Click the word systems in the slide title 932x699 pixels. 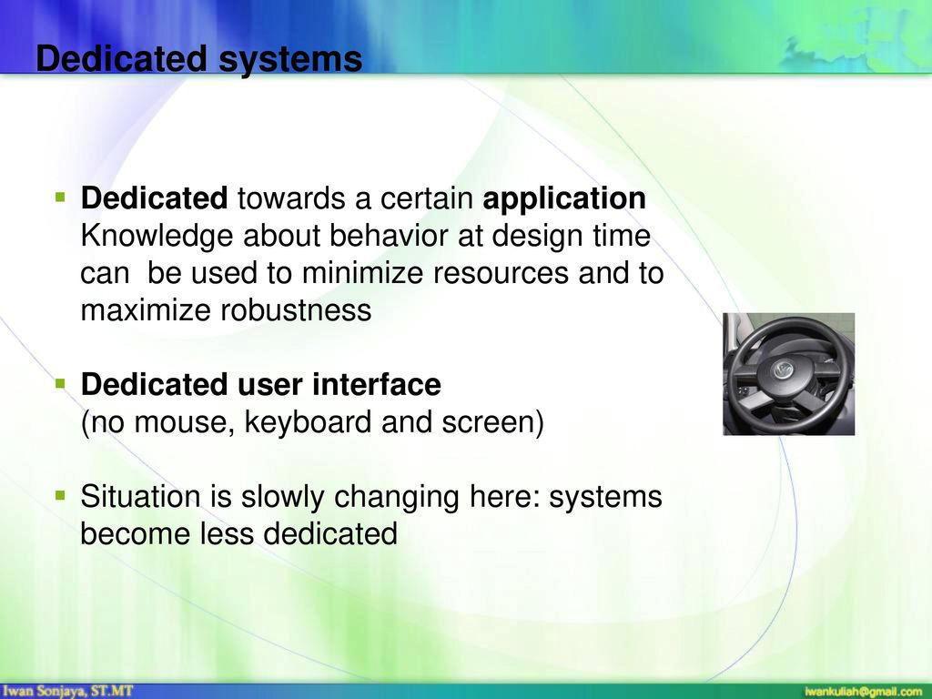coord(290,59)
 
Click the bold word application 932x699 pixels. coord(564,198)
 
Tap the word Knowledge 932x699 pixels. coord(157,236)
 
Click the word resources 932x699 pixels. coord(501,273)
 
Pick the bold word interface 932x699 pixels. coord(376,384)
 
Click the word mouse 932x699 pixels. coord(184,423)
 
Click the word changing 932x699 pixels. coord(397,497)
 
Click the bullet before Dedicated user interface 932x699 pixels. coord(60,383)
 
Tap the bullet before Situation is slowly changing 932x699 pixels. coord(60,495)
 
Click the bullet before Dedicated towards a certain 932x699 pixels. coord(60,197)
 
